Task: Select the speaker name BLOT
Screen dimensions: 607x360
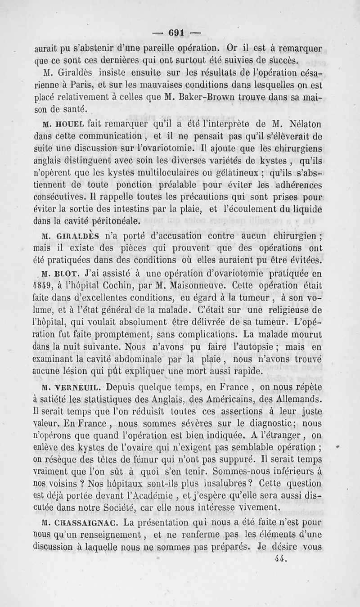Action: pyautogui.click(x=67, y=273)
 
